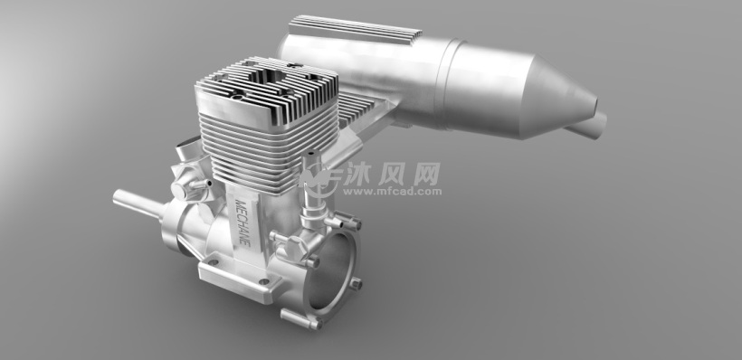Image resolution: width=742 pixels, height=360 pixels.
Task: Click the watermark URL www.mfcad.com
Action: pos(392,192)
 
